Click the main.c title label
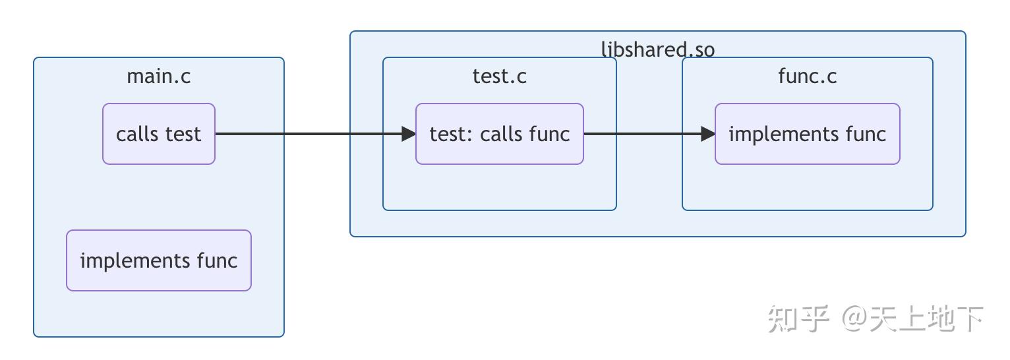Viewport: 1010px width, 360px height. [x=158, y=76]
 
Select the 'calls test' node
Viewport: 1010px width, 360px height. [x=159, y=134]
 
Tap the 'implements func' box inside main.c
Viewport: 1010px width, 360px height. [x=159, y=260]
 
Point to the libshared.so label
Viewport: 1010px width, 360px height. [x=657, y=49]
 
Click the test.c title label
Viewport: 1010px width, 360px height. [x=500, y=76]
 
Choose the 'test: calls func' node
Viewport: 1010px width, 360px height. [x=500, y=134]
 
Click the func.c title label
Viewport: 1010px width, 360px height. [x=807, y=76]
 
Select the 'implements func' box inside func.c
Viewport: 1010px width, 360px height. [x=807, y=134]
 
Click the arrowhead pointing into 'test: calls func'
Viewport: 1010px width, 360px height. [x=409, y=134]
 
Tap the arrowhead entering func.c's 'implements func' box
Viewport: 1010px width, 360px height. [x=709, y=134]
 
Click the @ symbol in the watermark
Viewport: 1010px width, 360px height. [x=854, y=319]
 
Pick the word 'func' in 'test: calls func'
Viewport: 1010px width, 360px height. [x=549, y=134]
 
